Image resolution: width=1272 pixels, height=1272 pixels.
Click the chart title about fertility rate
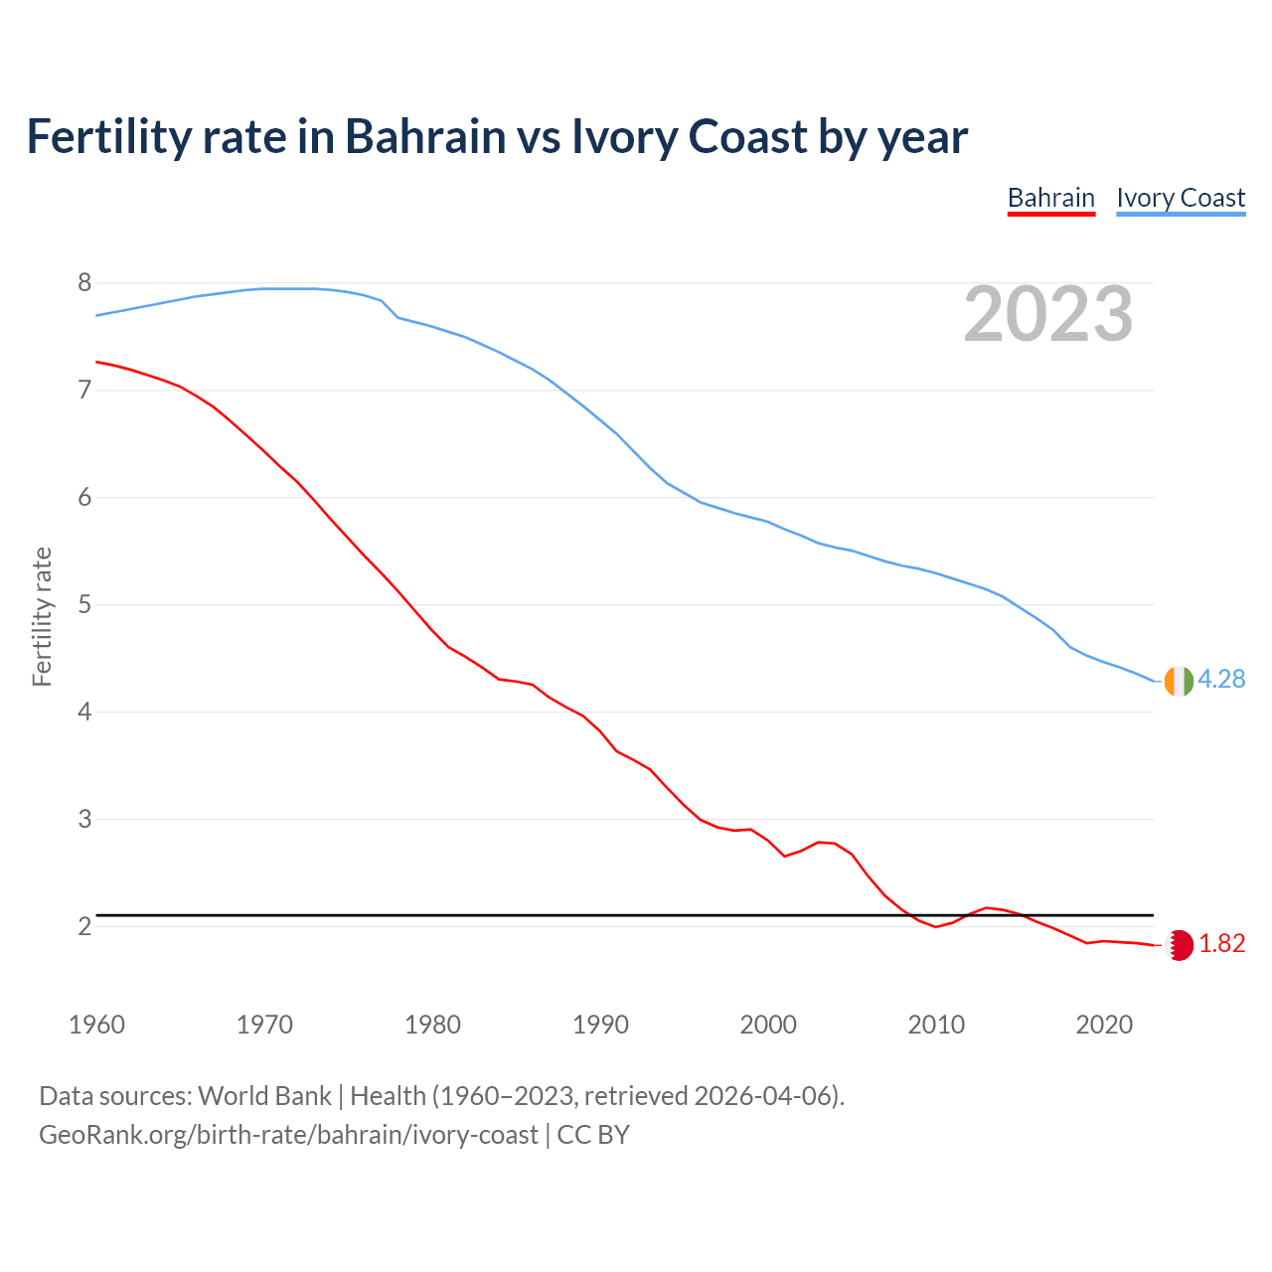(x=497, y=137)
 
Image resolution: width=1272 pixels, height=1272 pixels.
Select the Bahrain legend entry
(x=1050, y=198)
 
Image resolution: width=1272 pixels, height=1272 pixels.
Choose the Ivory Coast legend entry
(x=1181, y=198)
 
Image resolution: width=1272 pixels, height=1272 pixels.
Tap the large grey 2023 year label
(x=1047, y=314)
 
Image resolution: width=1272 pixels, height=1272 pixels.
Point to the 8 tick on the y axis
(x=84, y=283)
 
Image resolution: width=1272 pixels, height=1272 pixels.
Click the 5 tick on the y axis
(x=84, y=604)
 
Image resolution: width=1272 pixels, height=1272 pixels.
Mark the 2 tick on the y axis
(x=84, y=926)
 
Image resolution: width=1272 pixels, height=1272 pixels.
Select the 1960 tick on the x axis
(x=96, y=1025)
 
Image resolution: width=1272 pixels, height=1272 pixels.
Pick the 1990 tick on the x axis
(x=600, y=1025)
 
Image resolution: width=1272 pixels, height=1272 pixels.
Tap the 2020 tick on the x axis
(x=1104, y=1025)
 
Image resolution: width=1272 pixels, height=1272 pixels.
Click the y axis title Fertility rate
(x=42, y=616)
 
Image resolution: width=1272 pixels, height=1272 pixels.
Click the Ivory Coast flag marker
(x=1178, y=681)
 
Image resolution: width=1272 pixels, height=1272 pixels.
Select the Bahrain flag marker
(x=1179, y=945)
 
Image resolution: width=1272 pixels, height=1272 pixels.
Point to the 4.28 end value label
(x=1221, y=679)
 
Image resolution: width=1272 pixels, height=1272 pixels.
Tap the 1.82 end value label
(x=1221, y=943)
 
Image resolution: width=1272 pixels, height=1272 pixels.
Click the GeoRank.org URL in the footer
(x=288, y=1134)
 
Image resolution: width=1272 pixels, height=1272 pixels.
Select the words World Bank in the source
(x=264, y=1096)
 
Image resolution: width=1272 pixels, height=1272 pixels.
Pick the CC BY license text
(x=593, y=1134)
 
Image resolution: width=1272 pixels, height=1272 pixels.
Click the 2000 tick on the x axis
(x=768, y=1025)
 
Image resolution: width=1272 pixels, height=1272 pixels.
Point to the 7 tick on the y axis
(x=84, y=391)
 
